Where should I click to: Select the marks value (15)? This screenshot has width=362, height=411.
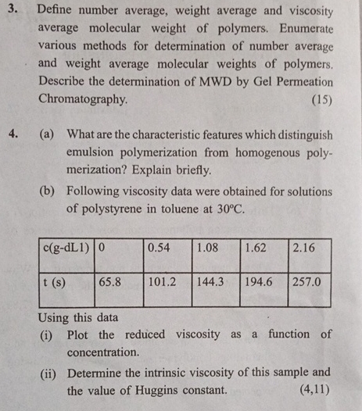[x=321, y=100]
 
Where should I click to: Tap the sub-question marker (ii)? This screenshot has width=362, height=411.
[x=51, y=372]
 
